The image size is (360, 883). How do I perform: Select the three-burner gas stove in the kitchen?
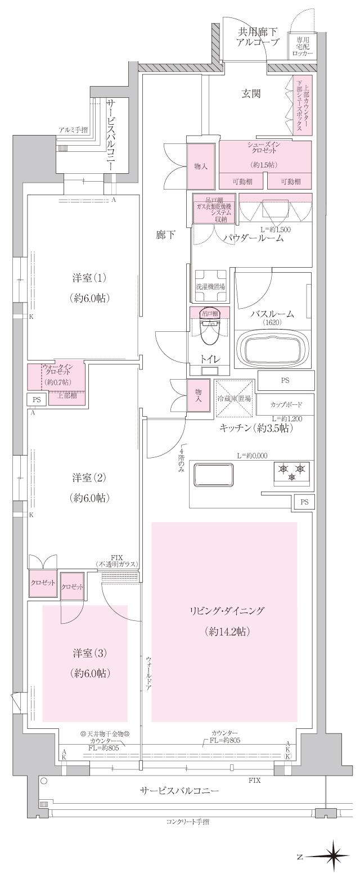(x=291, y=471)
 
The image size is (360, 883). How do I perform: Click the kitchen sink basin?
(x=213, y=476)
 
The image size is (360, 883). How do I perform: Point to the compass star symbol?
(x=335, y=857)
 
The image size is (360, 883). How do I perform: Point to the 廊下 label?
(x=165, y=236)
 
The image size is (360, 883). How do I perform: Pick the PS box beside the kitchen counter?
(x=304, y=501)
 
